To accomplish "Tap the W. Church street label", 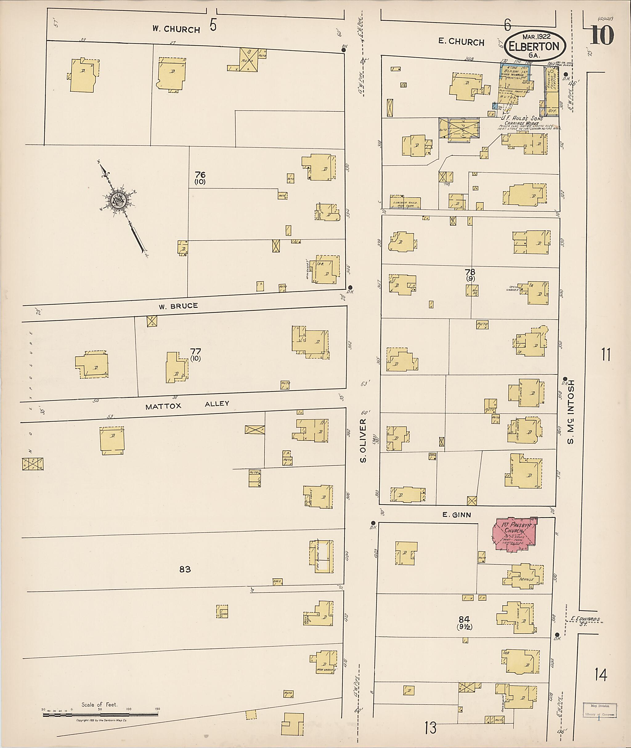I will (176, 29).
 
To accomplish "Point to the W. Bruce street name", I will (178, 306).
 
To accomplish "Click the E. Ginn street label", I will (457, 515).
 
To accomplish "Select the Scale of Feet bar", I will (100, 714).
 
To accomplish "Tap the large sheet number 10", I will (602, 35).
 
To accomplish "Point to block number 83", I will (185, 569).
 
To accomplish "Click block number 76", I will (200, 177).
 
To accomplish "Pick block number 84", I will (464, 622).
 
